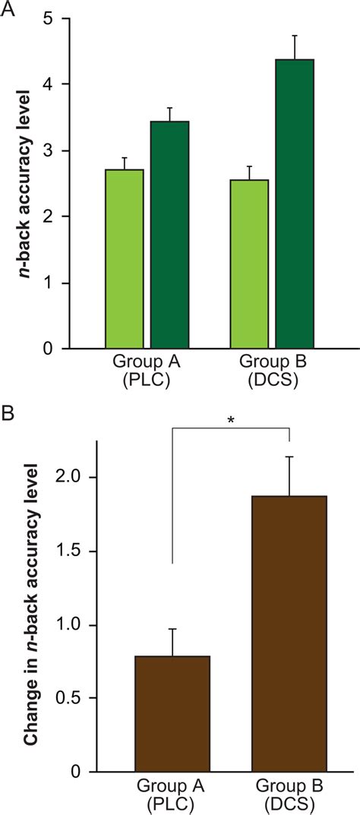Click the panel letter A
coord(8,7)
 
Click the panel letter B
coord(8,415)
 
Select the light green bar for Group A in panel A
coord(124,258)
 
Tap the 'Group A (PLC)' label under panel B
coord(172,793)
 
